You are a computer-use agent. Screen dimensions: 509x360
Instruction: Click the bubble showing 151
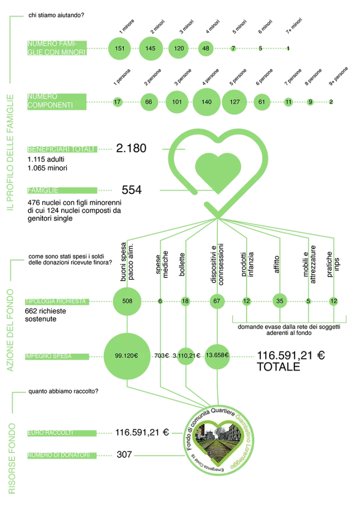click(120, 49)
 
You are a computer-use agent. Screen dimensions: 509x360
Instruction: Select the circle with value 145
click(151, 49)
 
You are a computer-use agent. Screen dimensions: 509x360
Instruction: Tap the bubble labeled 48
click(206, 49)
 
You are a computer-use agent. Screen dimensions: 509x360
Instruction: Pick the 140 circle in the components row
click(206, 102)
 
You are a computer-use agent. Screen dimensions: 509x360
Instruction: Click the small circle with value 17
click(117, 102)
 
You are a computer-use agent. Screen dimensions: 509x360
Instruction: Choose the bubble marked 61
click(262, 102)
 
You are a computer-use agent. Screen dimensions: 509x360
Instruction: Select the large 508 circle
click(127, 301)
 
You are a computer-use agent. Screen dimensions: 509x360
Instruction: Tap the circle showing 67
click(217, 301)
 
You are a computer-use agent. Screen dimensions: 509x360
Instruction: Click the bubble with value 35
click(280, 301)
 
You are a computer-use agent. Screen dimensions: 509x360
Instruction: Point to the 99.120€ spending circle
click(126, 356)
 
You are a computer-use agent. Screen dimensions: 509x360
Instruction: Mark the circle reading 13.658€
click(217, 355)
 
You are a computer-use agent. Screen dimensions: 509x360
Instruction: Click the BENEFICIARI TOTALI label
click(62, 149)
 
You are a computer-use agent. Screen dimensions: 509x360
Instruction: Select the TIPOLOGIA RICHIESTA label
click(57, 301)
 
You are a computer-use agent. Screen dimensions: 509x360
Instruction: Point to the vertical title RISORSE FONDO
click(12, 458)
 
